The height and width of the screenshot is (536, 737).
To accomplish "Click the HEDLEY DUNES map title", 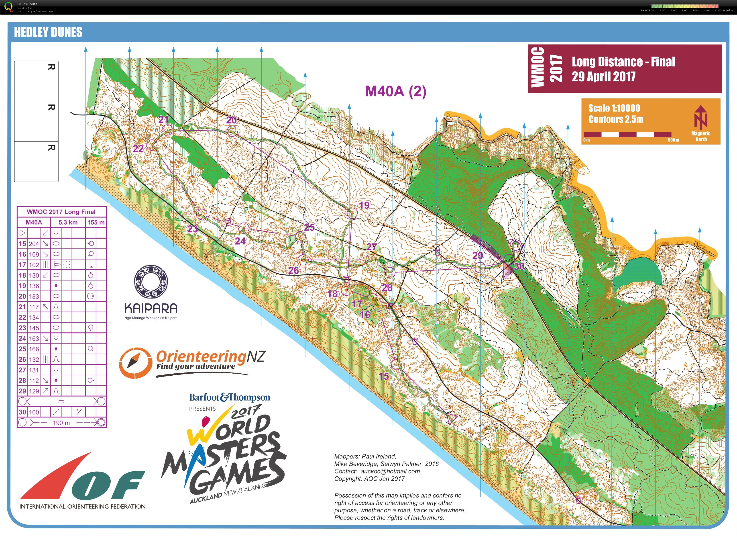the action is (48, 32).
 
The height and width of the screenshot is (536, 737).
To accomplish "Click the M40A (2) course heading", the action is (395, 91).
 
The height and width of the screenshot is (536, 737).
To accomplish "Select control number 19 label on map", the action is (364, 205).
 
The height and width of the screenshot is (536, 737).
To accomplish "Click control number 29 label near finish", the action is (477, 256).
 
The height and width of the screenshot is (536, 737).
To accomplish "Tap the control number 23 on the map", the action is (193, 229).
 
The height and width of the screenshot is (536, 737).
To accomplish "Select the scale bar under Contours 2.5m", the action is (627, 135).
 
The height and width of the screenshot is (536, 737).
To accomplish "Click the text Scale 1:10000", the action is (614, 108).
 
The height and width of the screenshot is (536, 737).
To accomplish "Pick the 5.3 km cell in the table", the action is (68, 222).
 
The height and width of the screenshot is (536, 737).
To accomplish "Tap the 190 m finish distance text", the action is (61, 423).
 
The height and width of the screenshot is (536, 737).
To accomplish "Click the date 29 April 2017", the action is (603, 77).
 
